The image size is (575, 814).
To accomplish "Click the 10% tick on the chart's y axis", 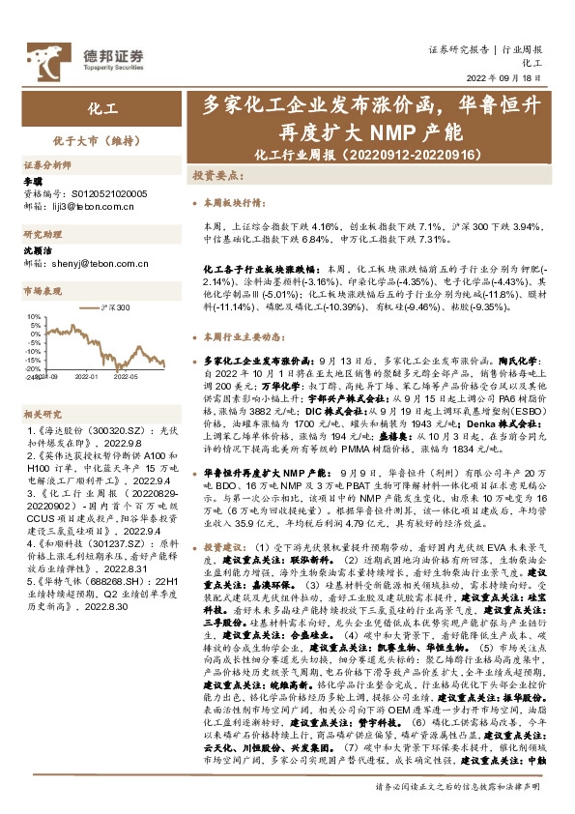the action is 35,316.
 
